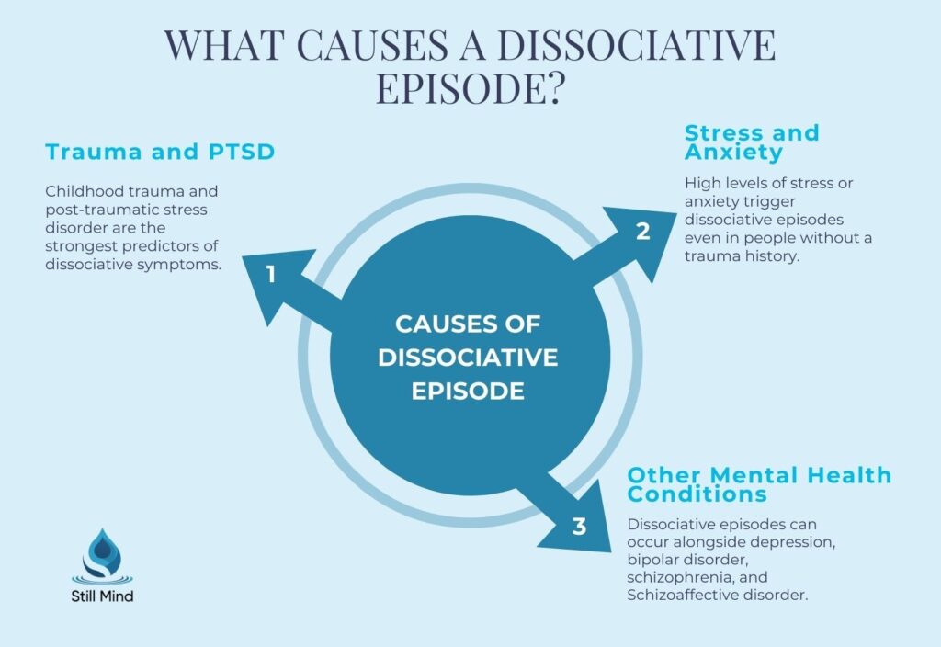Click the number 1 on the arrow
pos(271,273)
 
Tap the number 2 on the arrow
pos(643,232)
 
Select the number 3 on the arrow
pos(579,527)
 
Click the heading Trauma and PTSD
pos(159,152)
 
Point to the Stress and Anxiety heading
pos(752,142)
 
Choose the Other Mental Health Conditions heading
pos(759,484)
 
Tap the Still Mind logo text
pos(102,596)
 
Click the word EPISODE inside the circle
pos(468,390)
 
